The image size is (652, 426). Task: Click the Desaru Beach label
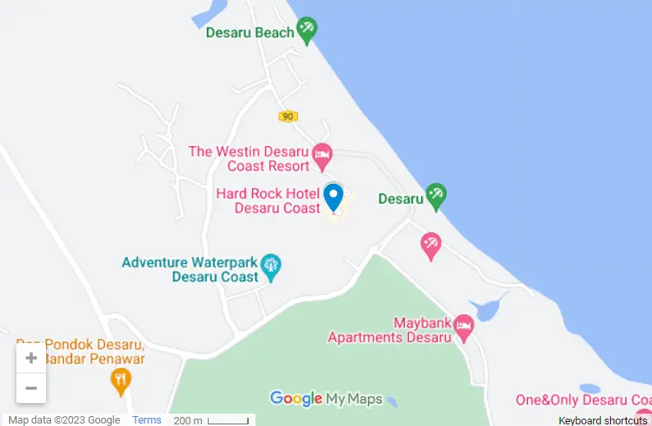(250, 33)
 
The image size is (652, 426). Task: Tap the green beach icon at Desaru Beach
(307, 30)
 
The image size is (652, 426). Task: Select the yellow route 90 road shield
(287, 117)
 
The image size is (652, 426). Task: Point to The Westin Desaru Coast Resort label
(249, 158)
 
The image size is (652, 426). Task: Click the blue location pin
(333, 197)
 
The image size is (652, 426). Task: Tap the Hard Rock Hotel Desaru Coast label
(269, 201)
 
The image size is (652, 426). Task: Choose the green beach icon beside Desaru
(435, 195)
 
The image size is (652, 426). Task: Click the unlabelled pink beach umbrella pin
(430, 244)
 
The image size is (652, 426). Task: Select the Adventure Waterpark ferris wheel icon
(271, 265)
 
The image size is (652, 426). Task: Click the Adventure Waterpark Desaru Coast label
(191, 270)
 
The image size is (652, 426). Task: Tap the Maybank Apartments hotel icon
(464, 326)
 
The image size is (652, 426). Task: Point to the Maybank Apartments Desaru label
(390, 330)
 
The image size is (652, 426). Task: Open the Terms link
(147, 420)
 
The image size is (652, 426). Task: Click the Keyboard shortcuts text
(603, 420)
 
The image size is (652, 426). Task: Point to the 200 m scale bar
(228, 420)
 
